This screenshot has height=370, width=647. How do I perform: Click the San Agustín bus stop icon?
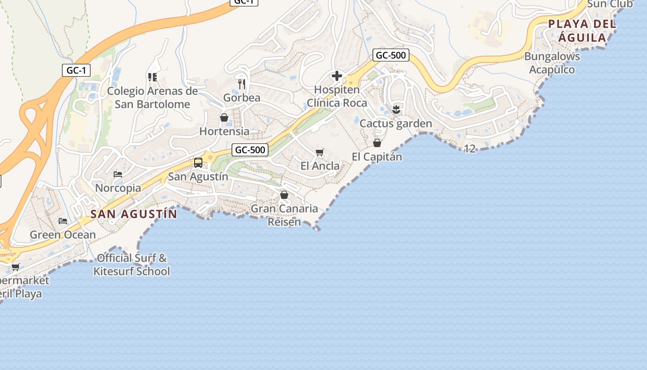point(198,162)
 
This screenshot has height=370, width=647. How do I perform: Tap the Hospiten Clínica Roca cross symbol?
point(337,76)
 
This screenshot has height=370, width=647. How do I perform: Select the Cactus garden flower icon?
point(396,110)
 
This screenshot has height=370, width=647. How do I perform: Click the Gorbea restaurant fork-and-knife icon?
point(241,84)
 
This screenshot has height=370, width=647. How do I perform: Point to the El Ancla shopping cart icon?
point(319,152)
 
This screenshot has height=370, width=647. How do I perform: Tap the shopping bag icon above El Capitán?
point(377,143)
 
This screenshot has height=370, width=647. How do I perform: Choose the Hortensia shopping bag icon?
point(224,117)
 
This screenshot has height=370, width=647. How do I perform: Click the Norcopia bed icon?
point(118,174)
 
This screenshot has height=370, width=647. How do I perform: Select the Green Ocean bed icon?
point(63,221)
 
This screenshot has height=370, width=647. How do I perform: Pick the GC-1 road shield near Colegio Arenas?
point(76,70)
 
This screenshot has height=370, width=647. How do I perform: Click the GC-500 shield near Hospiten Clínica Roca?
point(391,55)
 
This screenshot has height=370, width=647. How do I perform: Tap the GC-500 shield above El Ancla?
point(250,150)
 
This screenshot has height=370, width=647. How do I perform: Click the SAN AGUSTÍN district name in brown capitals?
point(134,214)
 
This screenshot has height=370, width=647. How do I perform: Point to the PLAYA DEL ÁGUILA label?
point(582,31)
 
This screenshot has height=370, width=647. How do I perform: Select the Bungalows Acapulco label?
point(552,63)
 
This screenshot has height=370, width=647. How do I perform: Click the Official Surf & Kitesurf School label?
point(132,265)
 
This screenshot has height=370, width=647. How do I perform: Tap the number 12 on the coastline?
point(470,149)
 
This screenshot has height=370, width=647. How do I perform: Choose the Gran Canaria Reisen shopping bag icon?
point(284,195)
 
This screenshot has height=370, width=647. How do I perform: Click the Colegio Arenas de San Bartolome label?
point(153,98)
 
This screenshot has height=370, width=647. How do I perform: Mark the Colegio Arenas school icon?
point(152,77)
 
